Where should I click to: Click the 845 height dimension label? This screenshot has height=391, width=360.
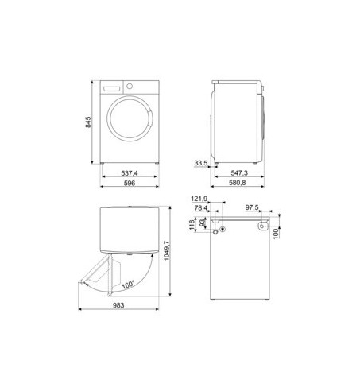88,122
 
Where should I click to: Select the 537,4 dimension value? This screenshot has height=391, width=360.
130,173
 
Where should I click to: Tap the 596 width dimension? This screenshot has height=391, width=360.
130,183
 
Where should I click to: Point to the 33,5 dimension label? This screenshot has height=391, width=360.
201,163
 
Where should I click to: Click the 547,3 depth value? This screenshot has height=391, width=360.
239,173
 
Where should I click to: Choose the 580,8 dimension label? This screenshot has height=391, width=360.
237,183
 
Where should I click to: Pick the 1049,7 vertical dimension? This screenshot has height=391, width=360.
167,250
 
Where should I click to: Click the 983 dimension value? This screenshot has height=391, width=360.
118,305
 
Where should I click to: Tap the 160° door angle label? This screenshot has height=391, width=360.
128,285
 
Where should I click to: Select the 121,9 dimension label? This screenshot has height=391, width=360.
199,199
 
